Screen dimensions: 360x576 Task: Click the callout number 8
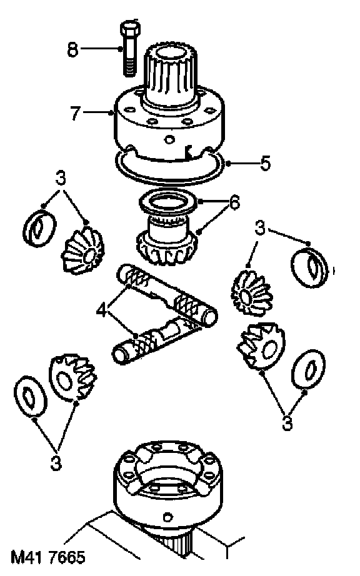(72, 49)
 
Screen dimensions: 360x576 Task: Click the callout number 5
(265, 163)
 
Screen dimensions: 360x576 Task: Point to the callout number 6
(234, 202)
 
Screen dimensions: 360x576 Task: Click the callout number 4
(102, 310)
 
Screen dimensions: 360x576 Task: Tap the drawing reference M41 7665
(48, 557)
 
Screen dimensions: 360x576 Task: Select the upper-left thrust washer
(39, 228)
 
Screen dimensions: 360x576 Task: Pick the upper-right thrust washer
(309, 267)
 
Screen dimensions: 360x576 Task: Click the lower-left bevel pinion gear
(72, 377)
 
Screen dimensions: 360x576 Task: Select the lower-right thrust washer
(309, 369)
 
